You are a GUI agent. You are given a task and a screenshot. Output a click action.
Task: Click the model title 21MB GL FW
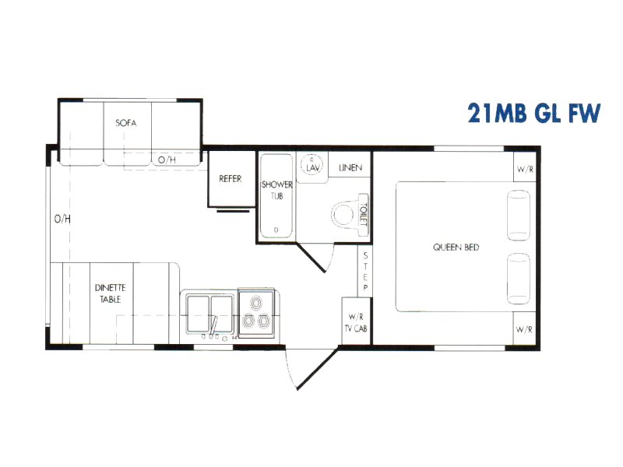tap(533, 113)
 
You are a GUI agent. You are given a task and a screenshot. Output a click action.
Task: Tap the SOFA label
tap(126, 123)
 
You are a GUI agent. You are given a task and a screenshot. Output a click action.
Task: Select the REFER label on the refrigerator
tap(231, 179)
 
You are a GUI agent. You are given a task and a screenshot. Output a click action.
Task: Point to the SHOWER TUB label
tap(277, 190)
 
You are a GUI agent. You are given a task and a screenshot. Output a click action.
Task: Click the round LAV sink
tap(312, 165)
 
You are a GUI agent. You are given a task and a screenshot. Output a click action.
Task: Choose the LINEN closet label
tap(350, 168)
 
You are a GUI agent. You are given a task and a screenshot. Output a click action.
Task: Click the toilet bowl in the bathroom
tap(343, 215)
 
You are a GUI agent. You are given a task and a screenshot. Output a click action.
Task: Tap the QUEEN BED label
tap(456, 248)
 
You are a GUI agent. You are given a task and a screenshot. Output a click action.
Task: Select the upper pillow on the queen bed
tap(519, 216)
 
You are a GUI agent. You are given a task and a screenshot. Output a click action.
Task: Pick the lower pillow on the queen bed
tap(519, 279)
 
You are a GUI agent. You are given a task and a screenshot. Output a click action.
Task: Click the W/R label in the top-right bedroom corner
tap(525, 169)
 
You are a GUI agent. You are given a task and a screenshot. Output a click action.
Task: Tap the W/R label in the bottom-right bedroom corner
tap(524, 329)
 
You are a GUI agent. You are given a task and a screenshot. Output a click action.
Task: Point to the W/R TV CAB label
tap(356, 322)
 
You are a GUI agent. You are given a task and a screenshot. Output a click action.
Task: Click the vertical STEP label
tap(365, 272)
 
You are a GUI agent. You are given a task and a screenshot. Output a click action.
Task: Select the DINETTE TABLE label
tap(110, 293)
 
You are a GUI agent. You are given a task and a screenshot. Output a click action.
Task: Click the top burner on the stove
tap(256, 303)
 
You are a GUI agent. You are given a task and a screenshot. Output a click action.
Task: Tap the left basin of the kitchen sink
tap(199, 313)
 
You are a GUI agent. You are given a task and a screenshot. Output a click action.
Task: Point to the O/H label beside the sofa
tap(167, 160)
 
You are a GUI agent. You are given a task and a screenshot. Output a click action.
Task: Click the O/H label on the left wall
tap(62, 219)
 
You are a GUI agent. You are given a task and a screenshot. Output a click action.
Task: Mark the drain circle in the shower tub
tap(276, 230)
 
